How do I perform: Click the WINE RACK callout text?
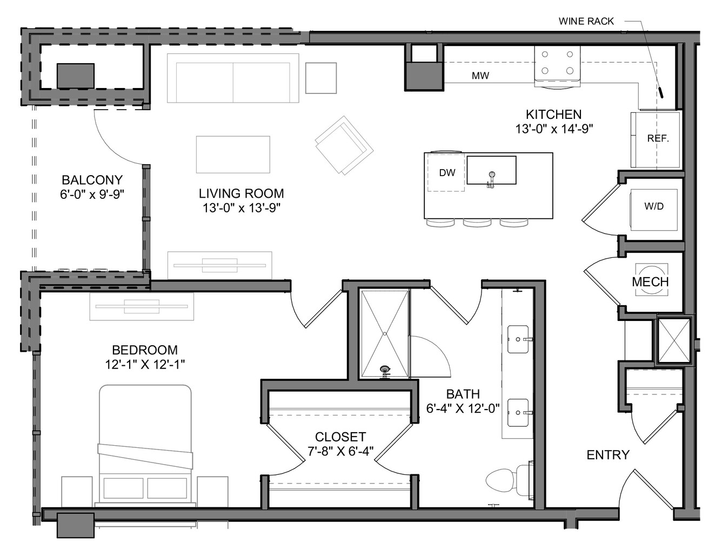click(586, 22)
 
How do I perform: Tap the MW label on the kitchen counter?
click(480, 76)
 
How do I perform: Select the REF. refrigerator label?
click(658, 138)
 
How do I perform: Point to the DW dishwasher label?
click(447, 172)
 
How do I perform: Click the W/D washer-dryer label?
click(654, 206)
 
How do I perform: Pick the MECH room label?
click(650, 281)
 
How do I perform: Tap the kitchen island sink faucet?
click(491, 179)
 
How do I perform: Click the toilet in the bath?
click(509, 480)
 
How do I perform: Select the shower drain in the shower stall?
click(385, 334)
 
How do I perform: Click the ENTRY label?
click(608, 455)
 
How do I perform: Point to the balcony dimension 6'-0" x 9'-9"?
click(92, 194)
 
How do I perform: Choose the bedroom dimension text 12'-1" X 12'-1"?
click(145, 365)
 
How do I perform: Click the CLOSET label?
click(340, 437)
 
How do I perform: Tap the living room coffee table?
click(233, 155)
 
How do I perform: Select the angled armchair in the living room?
click(344, 145)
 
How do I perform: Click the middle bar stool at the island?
click(478, 223)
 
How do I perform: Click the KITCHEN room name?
click(553, 115)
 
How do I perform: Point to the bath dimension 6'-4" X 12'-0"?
click(463, 408)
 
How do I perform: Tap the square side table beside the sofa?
click(320, 78)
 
